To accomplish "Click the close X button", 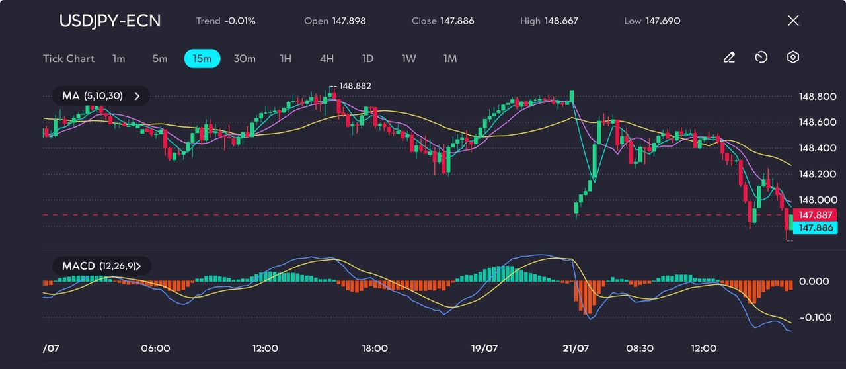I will (793, 20).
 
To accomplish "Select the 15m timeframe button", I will (202, 59).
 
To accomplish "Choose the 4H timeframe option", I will (327, 59).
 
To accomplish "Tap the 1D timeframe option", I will (368, 59).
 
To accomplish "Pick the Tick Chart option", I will (69, 59).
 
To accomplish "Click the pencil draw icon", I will (729, 58).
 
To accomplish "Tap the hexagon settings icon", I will (793, 58).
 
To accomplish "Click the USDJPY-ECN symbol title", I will (110, 20).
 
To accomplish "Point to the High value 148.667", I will (561, 21).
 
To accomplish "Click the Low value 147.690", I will (663, 21).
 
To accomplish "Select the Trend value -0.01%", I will (240, 21).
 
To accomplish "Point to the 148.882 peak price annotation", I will (355, 86).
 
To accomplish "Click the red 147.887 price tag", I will (814, 215).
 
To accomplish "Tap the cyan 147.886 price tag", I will (814, 227).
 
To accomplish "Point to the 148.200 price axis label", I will (818, 174).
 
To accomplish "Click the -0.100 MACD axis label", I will (814, 317).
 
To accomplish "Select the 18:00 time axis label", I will (375, 348).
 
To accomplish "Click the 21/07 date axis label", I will (575, 348).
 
